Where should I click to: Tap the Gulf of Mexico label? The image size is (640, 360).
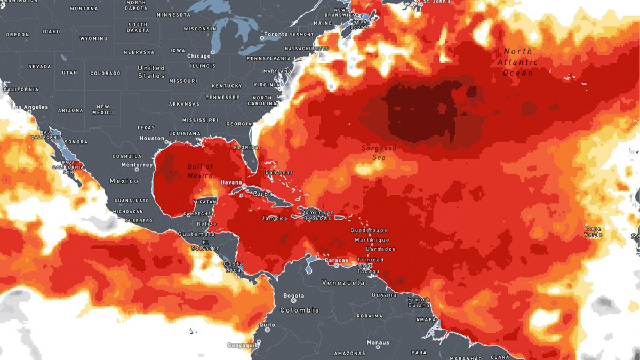point(200,171)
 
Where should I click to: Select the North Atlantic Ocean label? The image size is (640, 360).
point(518,62)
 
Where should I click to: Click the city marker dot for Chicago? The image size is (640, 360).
point(212,52)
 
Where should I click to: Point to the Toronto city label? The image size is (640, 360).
point(276,34)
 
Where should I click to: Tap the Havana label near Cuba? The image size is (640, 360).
point(232,182)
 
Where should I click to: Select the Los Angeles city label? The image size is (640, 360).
point(29,107)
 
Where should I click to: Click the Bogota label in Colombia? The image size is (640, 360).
point(294,295)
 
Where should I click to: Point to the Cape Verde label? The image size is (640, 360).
point(593,231)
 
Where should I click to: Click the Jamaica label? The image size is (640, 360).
point(275,218)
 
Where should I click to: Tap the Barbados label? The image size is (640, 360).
point(380,249)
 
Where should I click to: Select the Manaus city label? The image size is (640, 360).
point(378,342)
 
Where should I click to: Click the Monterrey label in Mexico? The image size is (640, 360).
point(137,165)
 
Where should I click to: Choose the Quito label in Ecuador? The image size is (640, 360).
point(267,325)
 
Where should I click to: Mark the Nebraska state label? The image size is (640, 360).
point(139,52)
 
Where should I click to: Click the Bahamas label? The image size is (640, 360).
point(279,172)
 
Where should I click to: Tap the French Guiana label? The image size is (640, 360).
point(419,302)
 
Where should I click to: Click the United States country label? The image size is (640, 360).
point(151,72)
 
